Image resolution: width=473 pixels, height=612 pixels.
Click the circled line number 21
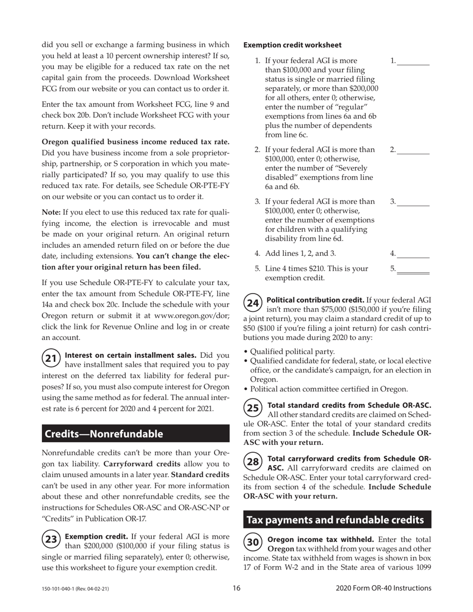pyautogui.click(x=51, y=358)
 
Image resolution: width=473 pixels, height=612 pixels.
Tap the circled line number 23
pyautogui.click(x=51, y=540)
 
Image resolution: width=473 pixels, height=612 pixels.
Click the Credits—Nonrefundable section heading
pyautogui.click(x=104, y=434)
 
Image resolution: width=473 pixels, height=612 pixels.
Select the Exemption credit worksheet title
pyautogui.click(x=292, y=45)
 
